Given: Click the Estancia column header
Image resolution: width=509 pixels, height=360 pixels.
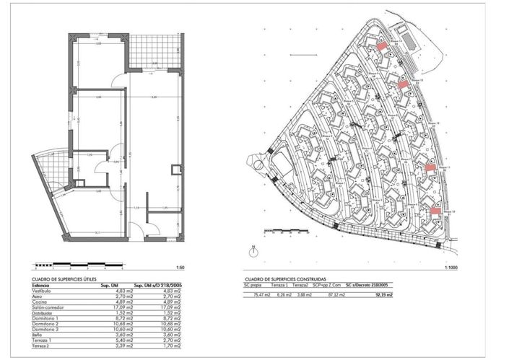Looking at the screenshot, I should pyautogui.click(x=41, y=285).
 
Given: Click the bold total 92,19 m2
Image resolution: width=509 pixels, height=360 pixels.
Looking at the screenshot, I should pyautogui.click(x=383, y=294).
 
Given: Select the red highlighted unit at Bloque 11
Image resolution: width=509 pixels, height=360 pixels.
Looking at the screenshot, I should pyautogui.click(x=429, y=167).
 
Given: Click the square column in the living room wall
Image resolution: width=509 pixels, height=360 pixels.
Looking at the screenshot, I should pyautogui.click(x=175, y=170).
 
